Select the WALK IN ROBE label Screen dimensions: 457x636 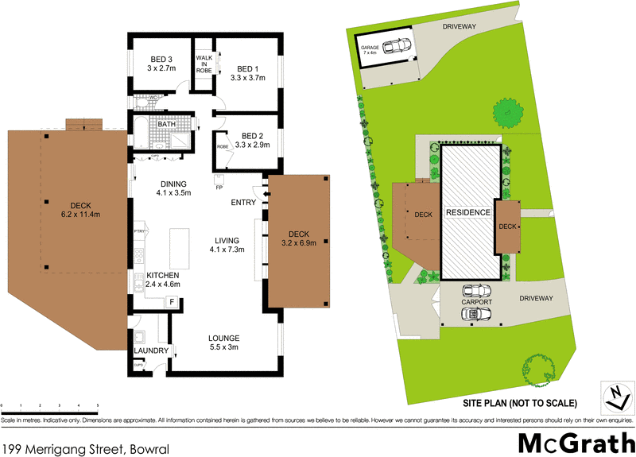coord(204,64)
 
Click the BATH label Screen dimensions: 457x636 coord(166,124)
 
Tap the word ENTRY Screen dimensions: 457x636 coord(242,203)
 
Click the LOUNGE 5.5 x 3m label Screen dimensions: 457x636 coord(223,343)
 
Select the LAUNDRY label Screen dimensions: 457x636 coord(151,350)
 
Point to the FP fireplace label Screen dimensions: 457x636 coord(219,188)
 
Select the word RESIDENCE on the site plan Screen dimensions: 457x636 coord(468,213)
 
